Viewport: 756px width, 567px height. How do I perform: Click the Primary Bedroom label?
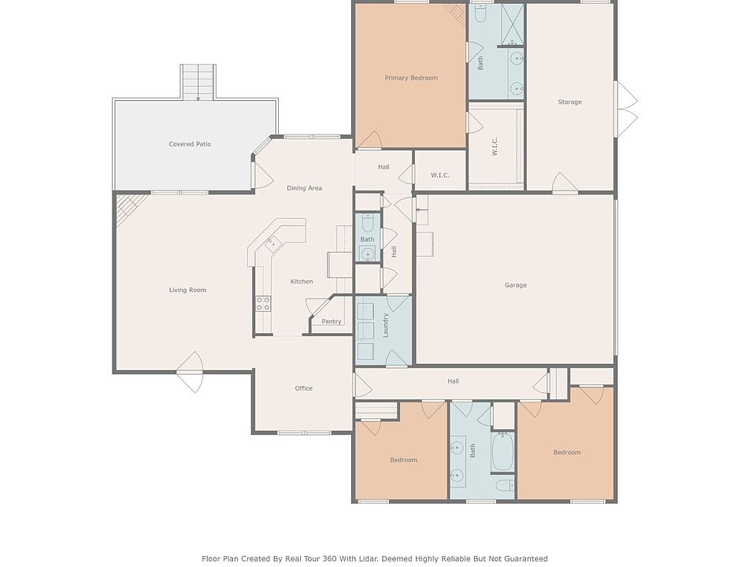[411, 78]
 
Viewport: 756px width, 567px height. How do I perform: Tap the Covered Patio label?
[190, 143]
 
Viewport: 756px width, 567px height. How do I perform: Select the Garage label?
[515, 285]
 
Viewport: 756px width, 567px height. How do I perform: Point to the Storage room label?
[569, 102]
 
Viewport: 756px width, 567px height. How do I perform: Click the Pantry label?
[332, 321]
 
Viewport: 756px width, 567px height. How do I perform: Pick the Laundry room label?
[385, 325]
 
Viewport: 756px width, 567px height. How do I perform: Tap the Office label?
[303, 388]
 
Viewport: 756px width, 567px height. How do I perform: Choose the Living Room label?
[187, 290]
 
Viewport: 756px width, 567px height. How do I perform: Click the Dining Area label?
[304, 188]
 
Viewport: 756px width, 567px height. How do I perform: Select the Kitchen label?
[302, 281]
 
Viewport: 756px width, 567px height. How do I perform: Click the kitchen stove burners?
[263, 304]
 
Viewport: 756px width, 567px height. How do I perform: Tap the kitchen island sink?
[272, 243]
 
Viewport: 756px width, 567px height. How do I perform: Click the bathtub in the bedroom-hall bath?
[503, 451]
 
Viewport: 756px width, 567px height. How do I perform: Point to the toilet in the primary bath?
[480, 14]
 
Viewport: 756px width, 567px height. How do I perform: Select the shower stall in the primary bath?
[513, 24]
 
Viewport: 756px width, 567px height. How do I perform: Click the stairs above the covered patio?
[198, 82]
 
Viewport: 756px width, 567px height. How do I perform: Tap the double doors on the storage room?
[626, 109]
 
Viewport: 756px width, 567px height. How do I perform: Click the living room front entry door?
[190, 372]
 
